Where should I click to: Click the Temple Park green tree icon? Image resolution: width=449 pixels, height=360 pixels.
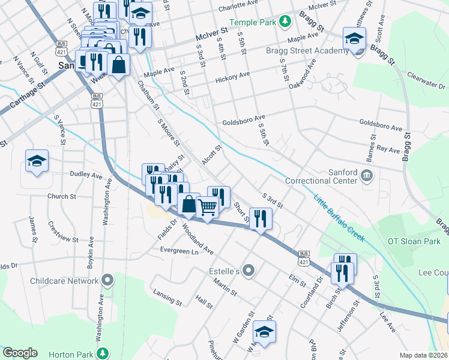286,22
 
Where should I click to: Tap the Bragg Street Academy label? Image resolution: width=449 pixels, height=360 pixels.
307,51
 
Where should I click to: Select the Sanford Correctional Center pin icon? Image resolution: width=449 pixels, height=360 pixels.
368,176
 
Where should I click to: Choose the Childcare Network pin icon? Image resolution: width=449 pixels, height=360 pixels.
107,280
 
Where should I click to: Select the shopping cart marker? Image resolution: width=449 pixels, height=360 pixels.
208,208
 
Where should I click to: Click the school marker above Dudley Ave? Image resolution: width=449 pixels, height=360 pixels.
37,161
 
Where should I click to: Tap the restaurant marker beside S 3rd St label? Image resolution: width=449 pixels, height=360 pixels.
260,218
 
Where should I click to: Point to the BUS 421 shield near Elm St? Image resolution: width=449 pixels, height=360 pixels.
303,259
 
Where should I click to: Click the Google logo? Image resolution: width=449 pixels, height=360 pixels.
20,353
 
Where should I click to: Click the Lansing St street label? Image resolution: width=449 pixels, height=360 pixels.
167,297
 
